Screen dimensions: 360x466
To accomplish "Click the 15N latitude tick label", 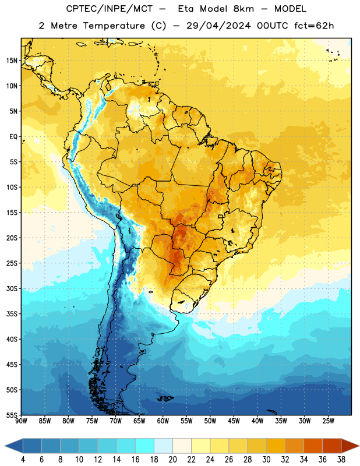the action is pyautogui.click(x=12, y=61).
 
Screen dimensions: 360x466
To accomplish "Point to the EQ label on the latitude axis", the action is pyautogui.click(x=13, y=137).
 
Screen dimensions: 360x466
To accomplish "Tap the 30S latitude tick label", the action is pyautogui.click(x=12, y=288).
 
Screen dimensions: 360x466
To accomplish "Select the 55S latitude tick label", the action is pyautogui.click(x=12, y=415).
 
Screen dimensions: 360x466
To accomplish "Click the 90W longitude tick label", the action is pyautogui.click(x=21, y=421).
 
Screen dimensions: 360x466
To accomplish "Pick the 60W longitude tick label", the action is pyautogui.click(x=163, y=421).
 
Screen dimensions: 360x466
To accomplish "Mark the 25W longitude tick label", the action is pyautogui.click(x=328, y=421).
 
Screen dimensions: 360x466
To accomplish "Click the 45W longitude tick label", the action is pyautogui.click(x=234, y=421).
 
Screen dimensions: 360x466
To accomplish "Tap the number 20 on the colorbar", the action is pyautogui.click(x=172, y=460).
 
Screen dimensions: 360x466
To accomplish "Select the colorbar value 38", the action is pyautogui.click(x=341, y=460).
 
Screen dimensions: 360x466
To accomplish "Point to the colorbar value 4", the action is pyautogui.click(x=23, y=460).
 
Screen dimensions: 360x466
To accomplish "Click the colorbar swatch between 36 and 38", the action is pyautogui.click(x=332, y=446).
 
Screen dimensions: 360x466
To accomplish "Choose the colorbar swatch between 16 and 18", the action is pyautogui.click(x=145, y=446).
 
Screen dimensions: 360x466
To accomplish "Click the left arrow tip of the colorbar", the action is pyautogui.click(x=5, y=446).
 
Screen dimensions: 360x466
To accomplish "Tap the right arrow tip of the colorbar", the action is pyautogui.click(x=359, y=446).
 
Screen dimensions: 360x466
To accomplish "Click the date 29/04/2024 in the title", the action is pyautogui.click(x=218, y=26).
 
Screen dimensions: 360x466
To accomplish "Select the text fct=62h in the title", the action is pyautogui.click(x=314, y=26).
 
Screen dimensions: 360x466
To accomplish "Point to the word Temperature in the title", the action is pyautogui.click(x=114, y=26).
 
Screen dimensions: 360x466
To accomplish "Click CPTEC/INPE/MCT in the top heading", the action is pyautogui.click(x=110, y=9).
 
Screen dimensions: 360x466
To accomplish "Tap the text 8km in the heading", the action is pyautogui.click(x=243, y=9).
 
